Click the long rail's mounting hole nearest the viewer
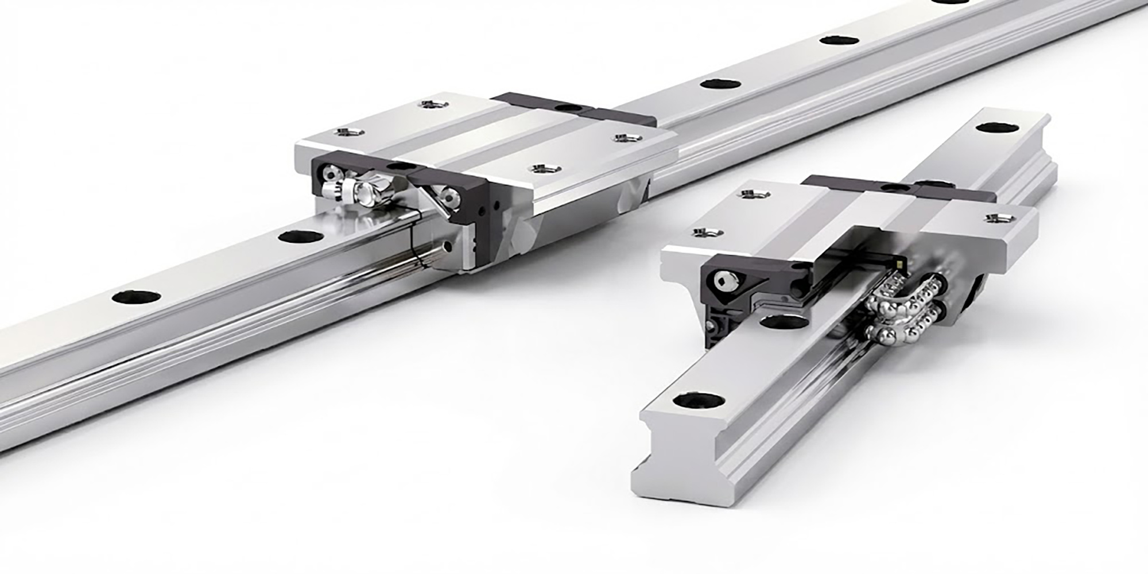tap(137, 297)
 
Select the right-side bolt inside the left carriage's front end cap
tap(448, 197)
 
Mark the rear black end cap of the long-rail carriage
tap(574, 109)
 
